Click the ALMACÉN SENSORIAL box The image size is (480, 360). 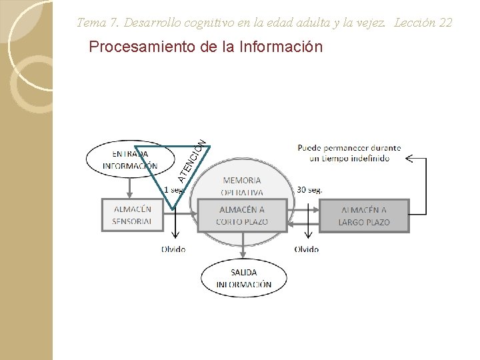(133, 215)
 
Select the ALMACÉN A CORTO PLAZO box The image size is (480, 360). (242, 215)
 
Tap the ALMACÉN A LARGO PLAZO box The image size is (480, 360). (363, 215)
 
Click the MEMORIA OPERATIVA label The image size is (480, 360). (242, 186)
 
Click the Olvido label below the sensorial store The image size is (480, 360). (173, 249)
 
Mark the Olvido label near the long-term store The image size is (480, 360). (307, 249)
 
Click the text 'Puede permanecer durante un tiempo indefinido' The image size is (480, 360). (349, 153)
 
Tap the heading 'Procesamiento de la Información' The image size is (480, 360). (205, 47)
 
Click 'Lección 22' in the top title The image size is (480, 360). (423, 23)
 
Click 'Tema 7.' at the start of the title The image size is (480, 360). (97, 23)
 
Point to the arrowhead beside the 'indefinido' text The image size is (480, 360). (408, 159)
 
